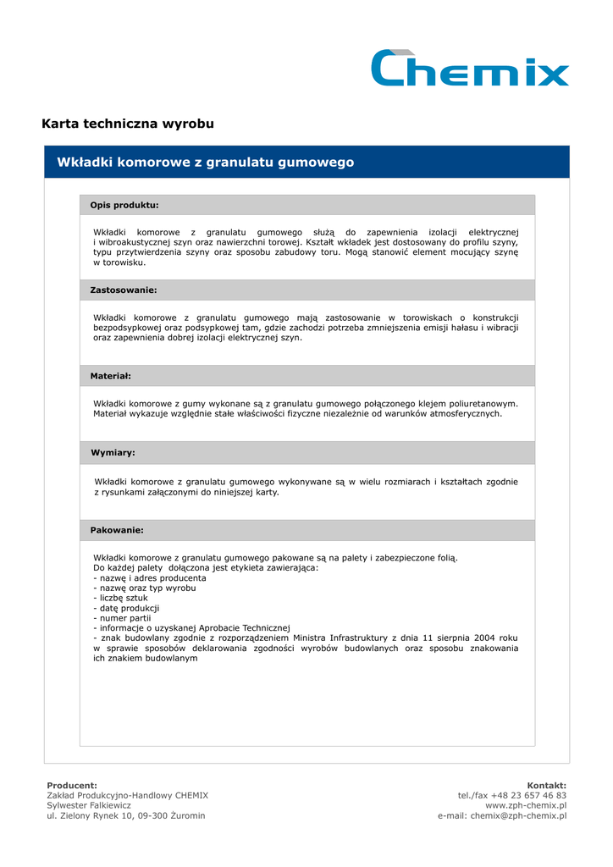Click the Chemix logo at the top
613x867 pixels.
(x=470, y=69)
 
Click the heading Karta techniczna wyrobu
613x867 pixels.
(x=128, y=124)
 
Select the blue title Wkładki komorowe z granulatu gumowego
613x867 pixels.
(x=205, y=162)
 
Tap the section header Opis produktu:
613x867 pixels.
(x=124, y=205)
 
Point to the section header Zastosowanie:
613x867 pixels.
(x=124, y=290)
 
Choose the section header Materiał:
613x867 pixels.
(x=111, y=375)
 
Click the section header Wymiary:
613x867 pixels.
(x=113, y=453)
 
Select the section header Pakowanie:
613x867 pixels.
(x=117, y=530)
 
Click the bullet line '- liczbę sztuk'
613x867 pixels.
(x=120, y=598)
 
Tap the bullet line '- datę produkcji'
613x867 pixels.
(x=126, y=608)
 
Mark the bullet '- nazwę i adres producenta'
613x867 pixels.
(x=149, y=577)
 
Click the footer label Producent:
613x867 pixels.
(x=72, y=786)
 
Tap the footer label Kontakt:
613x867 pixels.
(x=546, y=786)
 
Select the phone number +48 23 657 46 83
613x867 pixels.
(x=531, y=796)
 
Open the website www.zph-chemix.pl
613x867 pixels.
(x=525, y=806)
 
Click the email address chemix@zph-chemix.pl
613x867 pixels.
(x=518, y=816)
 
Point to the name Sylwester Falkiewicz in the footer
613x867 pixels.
(x=83, y=806)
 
